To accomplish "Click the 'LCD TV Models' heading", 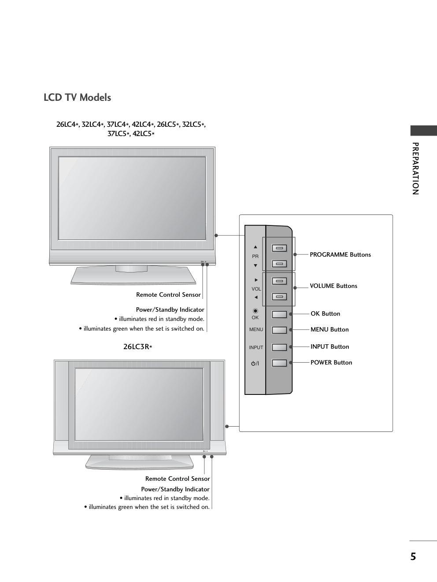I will pyautogui.click(x=77, y=97).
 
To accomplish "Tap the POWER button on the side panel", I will pyautogui.click(x=279, y=363).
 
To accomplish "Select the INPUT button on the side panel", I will pyautogui.click(x=279, y=347).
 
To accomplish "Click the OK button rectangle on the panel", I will pyautogui.click(x=279, y=314).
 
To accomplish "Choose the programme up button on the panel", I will pyautogui.click(x=279, y=248).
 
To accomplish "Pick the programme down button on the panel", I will pyautogui.click(x=279, y=264).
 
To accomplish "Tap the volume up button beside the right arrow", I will pyautogui.click(x=279, y=281).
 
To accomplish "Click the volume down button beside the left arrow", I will pyautogui.click(x=279, y=297).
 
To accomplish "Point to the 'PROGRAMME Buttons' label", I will pyautogui.click(x=340, y=254).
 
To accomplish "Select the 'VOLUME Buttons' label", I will pyautogui.click(x=333, y=286).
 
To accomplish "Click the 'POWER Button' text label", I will pyautogui.click(x=331, y=362).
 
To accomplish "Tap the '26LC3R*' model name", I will pyautogui.click(x=137, y=347).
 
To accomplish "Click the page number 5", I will pyautogui.click(x=413, y=557).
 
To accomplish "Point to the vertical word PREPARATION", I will pyautogui.click(x=415, y=169).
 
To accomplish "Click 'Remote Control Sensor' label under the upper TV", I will pyautogui.click(x=168, y=295).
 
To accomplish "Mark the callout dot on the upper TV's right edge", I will pyautogui.click(x=216, y=236).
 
